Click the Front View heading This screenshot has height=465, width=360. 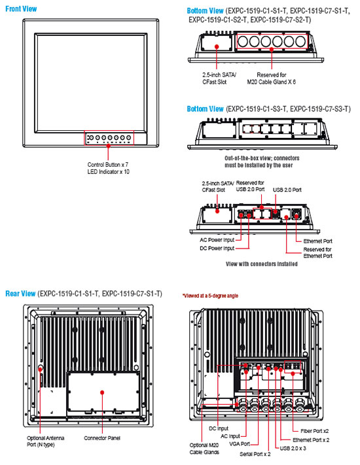point(21,9)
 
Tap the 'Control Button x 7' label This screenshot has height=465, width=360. point(108,164)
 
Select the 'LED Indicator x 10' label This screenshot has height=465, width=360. point(108,172)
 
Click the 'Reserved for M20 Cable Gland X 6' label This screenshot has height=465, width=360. point(271,78)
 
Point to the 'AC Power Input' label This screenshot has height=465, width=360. point(217,240)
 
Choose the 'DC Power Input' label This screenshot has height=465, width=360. point(217,249)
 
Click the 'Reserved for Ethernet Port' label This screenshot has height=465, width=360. point(317,252)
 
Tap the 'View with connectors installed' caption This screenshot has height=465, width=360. point(261,264)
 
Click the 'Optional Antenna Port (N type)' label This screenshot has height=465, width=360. point(45,441)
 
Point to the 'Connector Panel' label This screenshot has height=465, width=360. point(102,438)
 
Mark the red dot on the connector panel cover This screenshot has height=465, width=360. point(102,392)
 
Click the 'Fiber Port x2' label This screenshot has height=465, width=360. point(315,431)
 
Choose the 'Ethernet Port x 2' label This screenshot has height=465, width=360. point(311,439)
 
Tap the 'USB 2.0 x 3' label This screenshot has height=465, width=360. point(293,448)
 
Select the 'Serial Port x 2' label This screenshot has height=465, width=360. point(255,454)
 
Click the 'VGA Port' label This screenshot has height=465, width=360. point(240,444)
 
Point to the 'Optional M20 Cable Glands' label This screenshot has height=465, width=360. point(204,449)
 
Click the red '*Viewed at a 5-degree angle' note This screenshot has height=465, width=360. point(210,296)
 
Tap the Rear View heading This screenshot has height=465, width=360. point(20,294)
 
